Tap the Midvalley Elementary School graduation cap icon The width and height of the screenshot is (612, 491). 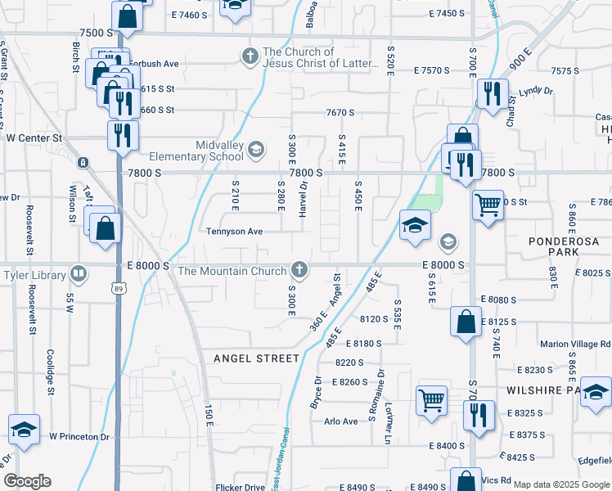point(256,148)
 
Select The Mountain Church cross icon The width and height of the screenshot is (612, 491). point(300,270)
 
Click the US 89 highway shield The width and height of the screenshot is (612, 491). point(119,288)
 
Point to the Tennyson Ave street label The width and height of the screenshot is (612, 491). point(234,232)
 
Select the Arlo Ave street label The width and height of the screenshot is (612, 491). point(341,421)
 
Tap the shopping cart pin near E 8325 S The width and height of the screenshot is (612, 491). point(431,400)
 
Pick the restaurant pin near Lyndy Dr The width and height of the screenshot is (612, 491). point(492,92)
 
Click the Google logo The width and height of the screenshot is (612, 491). point(27,481)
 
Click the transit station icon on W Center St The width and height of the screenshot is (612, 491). point(83,162)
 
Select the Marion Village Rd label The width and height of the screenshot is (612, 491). point(574,345)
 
